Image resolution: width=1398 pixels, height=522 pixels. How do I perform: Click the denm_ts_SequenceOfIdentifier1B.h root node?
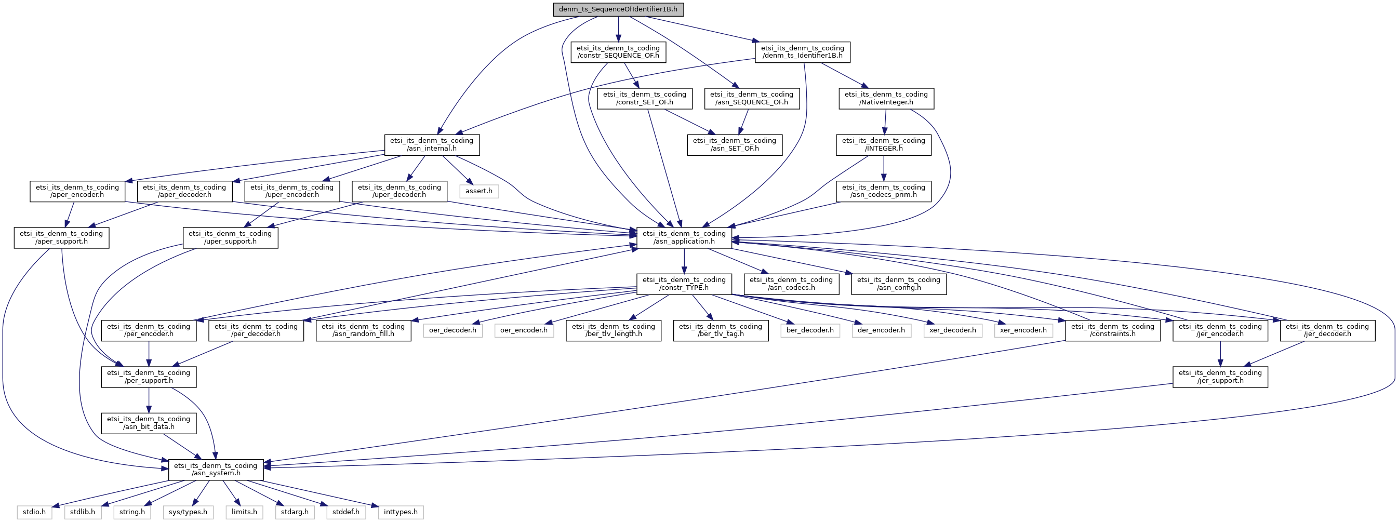tap(618, 9)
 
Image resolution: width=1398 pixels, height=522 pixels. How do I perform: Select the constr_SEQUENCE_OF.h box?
tap(618, 51)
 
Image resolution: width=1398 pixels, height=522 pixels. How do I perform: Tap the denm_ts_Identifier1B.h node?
tap(802, 51)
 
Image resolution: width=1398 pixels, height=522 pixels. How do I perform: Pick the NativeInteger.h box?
tap(886, 98)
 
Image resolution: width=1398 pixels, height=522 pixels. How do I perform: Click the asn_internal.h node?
tap(431, 144)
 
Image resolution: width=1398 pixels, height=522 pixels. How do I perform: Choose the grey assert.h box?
tap(478, 191)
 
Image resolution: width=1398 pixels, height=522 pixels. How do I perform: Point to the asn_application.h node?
tap(684, 237)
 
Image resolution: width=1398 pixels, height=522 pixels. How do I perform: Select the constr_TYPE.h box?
tap(684, 284)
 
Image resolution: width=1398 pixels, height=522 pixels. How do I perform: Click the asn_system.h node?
tap(216, 470)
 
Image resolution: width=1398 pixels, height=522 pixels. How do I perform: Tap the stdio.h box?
tap(35, 512)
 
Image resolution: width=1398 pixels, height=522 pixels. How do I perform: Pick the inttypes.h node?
tap(401, 512)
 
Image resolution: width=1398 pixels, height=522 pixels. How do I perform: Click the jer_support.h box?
tap(1220, 377)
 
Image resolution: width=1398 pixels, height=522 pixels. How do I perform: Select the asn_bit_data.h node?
tap(149, 423)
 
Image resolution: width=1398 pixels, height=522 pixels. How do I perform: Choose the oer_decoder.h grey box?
tap(452, 330)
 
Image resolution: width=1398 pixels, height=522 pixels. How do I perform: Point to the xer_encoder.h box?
tap(1023, 330)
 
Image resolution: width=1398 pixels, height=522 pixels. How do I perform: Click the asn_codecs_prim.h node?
tap(884, 191)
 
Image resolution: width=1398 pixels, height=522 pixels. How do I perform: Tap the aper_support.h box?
tap(61, 237)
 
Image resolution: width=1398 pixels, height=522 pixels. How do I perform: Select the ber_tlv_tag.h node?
tap(721, 330)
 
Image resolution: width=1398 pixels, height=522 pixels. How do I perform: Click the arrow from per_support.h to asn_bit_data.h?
tap(149, 400)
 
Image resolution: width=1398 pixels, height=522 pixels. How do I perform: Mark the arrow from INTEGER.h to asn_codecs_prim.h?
tap(884, 168)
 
